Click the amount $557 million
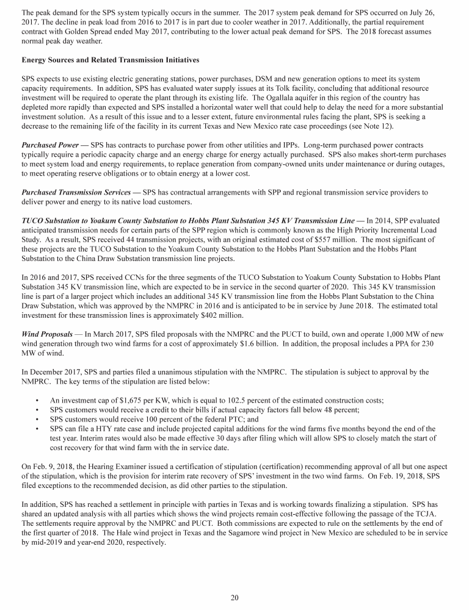[325, 240]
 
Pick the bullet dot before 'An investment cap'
[38, 400]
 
